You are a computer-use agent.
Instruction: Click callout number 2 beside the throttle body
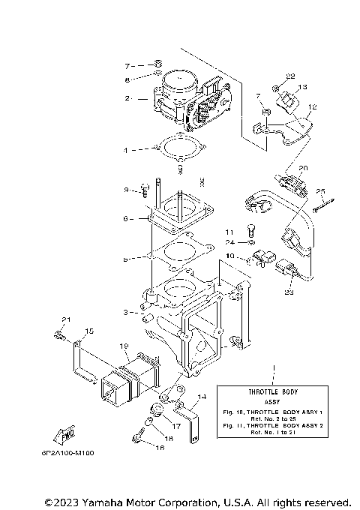(x=128, y=98)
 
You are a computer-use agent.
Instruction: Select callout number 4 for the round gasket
(x=127, y=150)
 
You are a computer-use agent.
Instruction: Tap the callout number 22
(x=291, y=76)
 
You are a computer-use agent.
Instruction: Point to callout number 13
(x=304, y=88)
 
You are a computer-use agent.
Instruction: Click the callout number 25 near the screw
(x=319, y=191)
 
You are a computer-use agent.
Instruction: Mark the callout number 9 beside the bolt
(x=127, y=190)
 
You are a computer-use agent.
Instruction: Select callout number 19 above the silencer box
(x=124, y=347)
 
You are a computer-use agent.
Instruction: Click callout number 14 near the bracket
(x=201, y=396)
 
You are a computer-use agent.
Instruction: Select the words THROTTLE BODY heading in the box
(x=272, y=392)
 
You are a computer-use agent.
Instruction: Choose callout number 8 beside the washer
(x=127, y=79)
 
